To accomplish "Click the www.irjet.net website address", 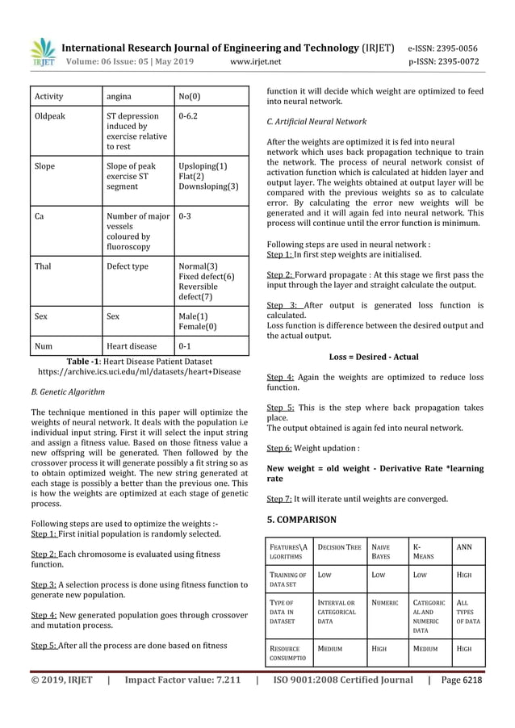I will pos(256,61).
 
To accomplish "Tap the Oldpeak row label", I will pos(50,116).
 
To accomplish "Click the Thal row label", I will pos(44,266).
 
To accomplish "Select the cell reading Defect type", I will pos(128,266).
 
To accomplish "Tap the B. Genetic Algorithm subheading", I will pos(68,392).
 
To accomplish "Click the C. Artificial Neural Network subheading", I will pos(316,121).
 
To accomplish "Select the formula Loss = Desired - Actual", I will pos(374,356).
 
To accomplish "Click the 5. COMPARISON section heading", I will pos(302,519).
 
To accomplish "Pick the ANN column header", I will pos(464,547).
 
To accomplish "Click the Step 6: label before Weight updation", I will pos(278,447).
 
